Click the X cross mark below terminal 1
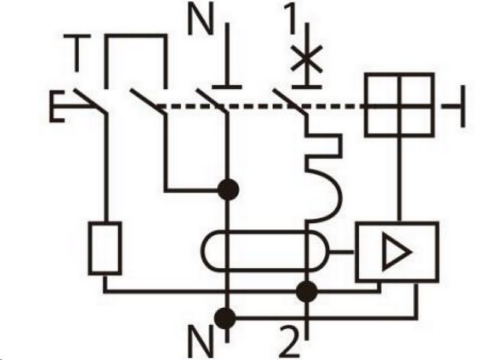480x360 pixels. tap(307, 60)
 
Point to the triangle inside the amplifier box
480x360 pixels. tap(397, 251)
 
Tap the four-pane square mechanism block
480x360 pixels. tap(399, 106)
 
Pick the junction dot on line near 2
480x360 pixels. tap(307, 292)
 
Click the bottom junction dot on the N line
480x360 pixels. tap(227, 316)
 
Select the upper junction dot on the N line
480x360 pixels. tap(227, 190)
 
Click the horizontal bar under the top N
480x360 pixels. tap(227, 87)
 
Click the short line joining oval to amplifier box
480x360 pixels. tap(343, 252)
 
